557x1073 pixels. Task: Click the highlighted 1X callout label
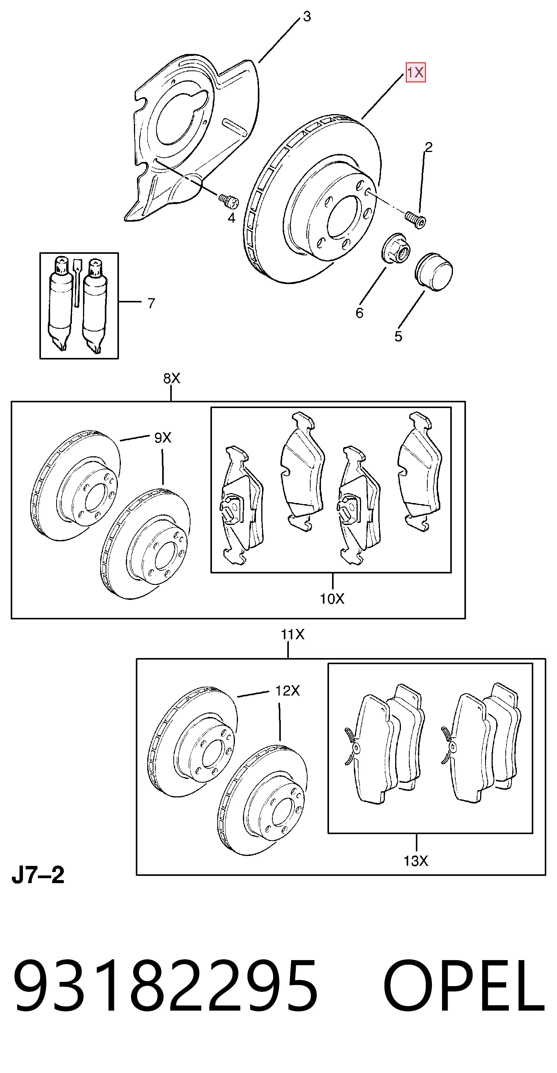coord(415,72)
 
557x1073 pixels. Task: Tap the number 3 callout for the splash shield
coord(307,17)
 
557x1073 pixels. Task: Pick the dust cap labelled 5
coord(434,271)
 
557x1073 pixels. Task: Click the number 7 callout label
coord(151,303)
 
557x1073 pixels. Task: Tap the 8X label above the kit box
coord(171,378)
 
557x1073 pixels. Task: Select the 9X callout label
coord(163,438)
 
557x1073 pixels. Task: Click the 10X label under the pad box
coord(332,599)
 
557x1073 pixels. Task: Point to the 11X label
coord(292,634)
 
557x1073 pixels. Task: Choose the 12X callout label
coord(287,691)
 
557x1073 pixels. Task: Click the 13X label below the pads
coord(416,861)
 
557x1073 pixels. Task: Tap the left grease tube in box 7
coord(60,304)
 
